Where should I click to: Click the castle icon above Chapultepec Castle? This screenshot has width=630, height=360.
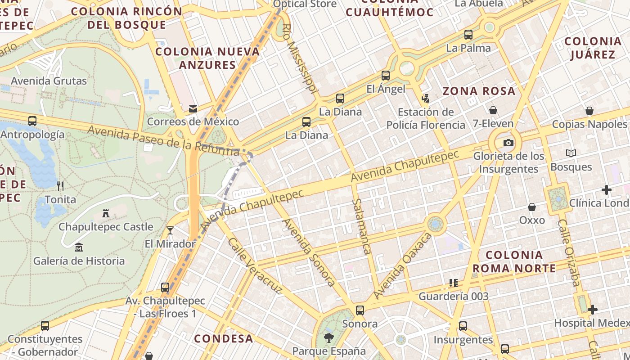[x=106, y=213]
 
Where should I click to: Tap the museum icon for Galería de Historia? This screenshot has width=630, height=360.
[x=79, y=247]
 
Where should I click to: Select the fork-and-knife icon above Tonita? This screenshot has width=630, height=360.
[x=60, y=186]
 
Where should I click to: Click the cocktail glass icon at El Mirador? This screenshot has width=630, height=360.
[x=170, y=230]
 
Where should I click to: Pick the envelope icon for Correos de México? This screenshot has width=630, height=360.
[x=193, y=108]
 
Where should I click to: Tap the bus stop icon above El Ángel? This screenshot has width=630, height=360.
[x=386, y=76]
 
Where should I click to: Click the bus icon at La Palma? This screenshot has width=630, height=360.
[x=468, y=35]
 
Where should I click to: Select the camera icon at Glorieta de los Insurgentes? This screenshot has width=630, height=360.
[x=508, y=143]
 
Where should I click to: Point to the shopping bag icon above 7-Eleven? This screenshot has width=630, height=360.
[x=493, y=110]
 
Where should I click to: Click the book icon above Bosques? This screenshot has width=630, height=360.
[x=571, y=153]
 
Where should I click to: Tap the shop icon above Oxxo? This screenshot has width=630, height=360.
[x=532, y=207]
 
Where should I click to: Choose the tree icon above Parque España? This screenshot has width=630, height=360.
[x=329, y=337]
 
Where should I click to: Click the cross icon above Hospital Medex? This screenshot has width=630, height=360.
[x=593, y=310]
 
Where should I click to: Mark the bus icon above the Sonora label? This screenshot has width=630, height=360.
[x=360, y=310]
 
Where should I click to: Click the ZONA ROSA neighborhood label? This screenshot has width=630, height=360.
[x=479, y=91]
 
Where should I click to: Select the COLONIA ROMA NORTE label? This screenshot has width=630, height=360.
[x=514, y=262]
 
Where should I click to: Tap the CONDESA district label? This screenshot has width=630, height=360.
[x=224, y=338]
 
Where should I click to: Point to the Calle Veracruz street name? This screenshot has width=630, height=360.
[x=255, y=265]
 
